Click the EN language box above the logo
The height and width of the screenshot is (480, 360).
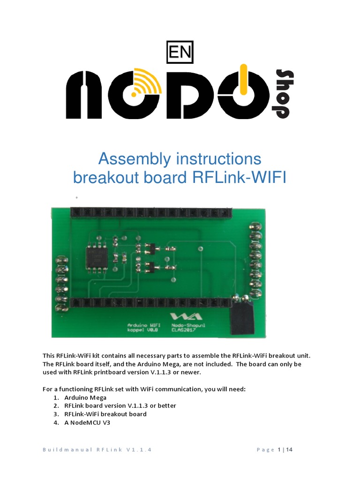(180, 53)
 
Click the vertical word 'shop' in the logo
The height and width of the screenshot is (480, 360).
(284, 94)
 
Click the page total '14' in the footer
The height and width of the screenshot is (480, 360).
(289, 450)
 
